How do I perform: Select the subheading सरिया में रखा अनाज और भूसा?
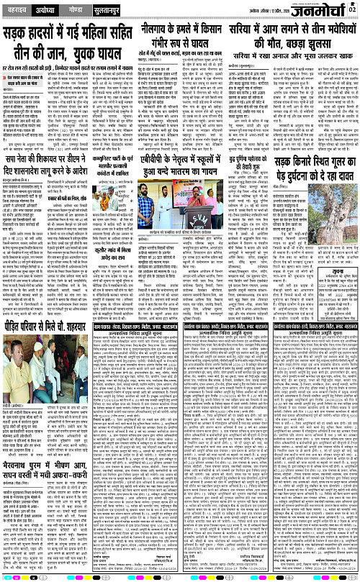coord(297,55)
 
